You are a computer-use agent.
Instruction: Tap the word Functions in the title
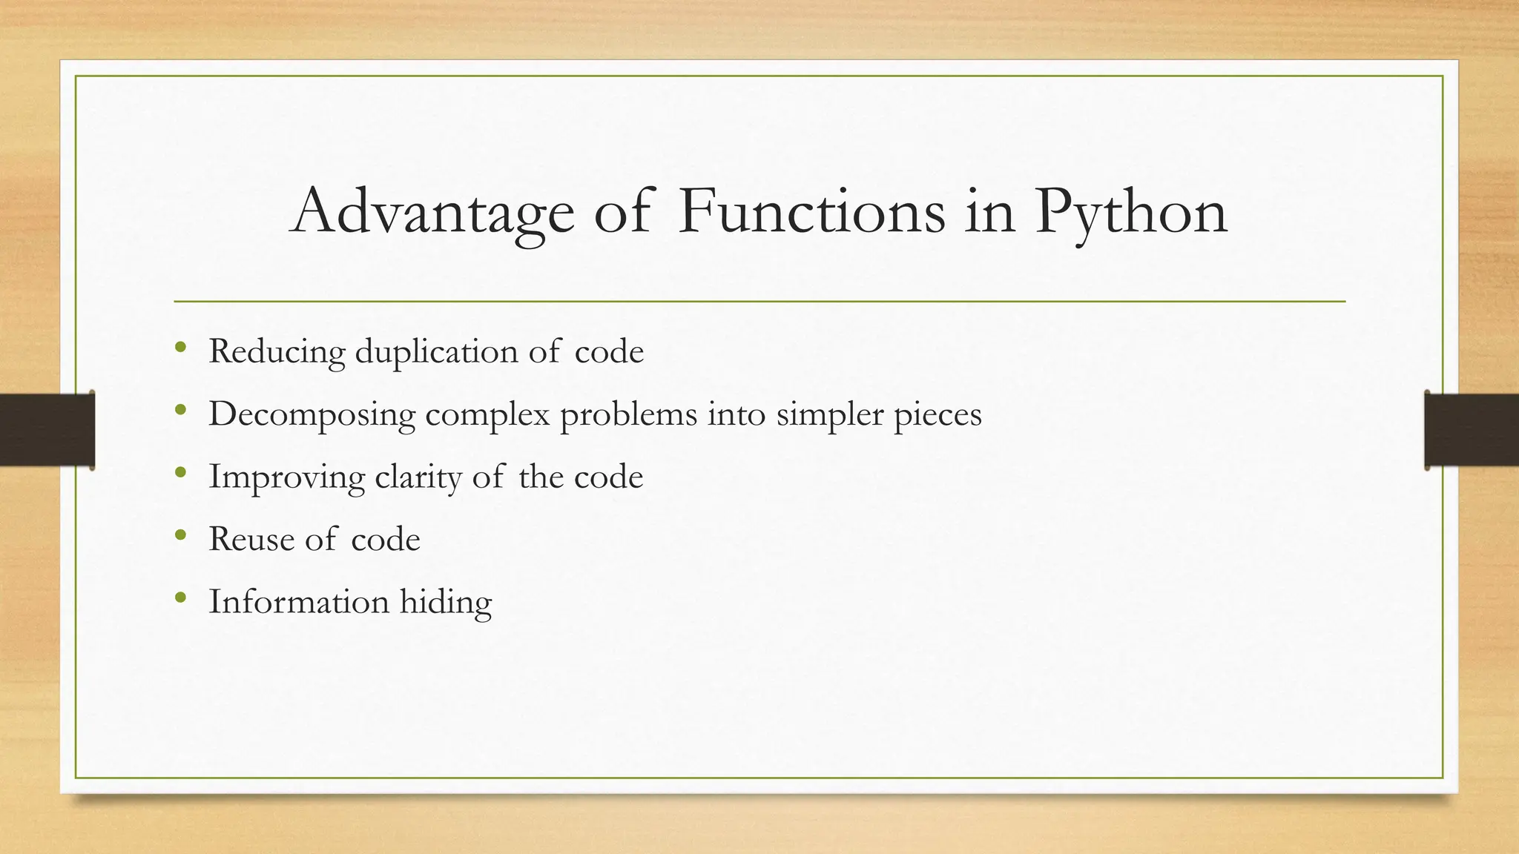811,212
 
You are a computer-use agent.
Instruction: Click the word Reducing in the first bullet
277,351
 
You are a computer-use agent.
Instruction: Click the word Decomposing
312,414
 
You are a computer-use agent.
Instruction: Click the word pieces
938,414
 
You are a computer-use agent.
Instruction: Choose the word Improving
286,477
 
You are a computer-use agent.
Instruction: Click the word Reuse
252,539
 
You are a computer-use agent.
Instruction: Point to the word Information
299,601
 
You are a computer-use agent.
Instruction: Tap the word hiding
446,601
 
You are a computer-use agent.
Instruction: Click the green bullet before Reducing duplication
180,347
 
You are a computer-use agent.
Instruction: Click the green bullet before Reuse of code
180,534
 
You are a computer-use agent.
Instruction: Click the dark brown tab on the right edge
1472,430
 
